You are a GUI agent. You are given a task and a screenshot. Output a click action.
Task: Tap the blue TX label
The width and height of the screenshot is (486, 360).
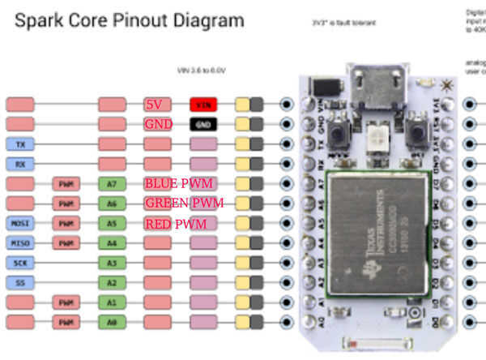[x=19, y=144]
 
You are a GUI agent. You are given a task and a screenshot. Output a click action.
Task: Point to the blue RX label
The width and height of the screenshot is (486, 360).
[x=19, y=164]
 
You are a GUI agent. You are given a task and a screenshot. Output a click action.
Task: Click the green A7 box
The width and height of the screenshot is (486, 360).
[x=112, y=184]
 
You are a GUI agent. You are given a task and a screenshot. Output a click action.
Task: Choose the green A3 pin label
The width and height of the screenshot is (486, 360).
[x=112, y=263]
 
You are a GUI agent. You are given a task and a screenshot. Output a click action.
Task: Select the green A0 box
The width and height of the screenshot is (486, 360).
[x=112, y=322]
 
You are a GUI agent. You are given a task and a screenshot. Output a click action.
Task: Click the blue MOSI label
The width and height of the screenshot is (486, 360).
[x=19, y=223]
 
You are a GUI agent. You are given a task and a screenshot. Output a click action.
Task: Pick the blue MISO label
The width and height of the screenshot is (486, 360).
[x=19, y=242]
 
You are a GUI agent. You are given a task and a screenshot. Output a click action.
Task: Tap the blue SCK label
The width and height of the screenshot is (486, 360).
[x=19, y=263]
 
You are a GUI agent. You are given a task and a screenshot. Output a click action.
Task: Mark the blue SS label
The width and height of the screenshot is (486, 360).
[x=19, y=282]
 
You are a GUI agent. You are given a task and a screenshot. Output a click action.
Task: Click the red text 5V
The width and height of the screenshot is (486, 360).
[x=154, y=105]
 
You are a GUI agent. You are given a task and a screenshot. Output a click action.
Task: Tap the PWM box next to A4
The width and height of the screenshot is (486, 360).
[x=66, y=242]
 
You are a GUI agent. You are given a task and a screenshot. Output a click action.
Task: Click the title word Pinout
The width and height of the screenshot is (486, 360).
[x=149, y=20]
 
